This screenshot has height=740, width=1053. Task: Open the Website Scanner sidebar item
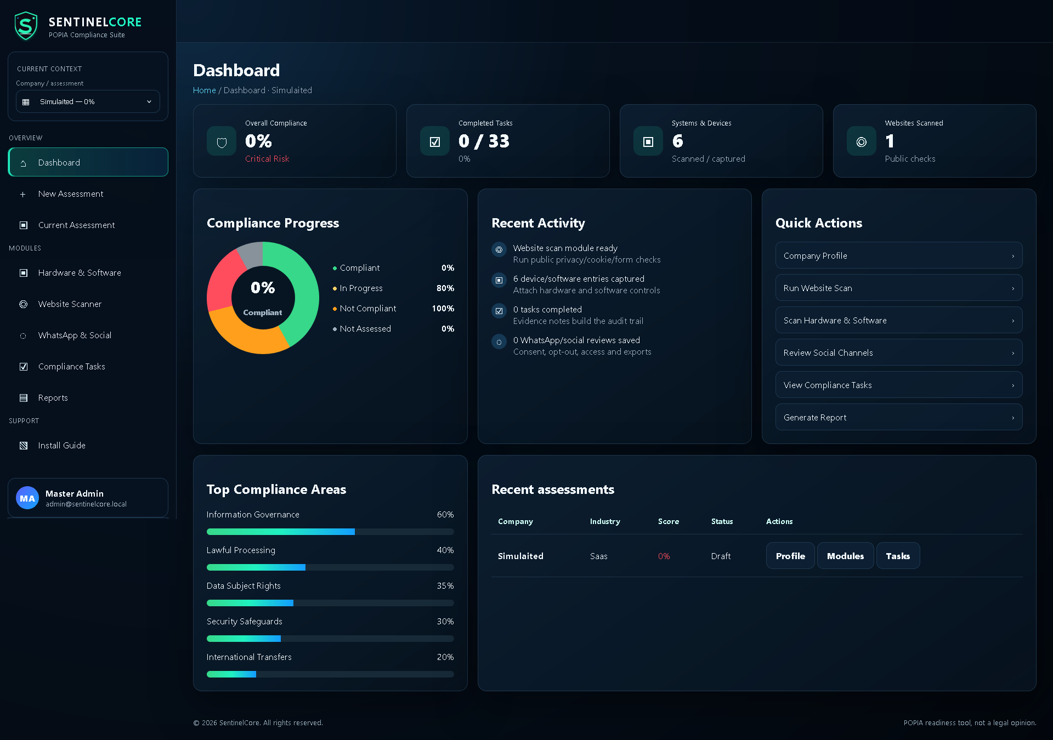(70, 304)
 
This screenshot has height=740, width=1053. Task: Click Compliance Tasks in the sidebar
(71, 367)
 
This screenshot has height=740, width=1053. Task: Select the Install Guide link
(61, 446)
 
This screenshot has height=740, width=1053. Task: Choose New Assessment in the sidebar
(71, 194)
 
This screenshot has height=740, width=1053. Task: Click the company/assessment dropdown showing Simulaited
(88, 102)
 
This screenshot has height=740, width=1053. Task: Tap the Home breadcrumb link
(205, 90)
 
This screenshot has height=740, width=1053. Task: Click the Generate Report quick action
(899, 417)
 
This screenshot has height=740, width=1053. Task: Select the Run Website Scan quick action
(899, 288)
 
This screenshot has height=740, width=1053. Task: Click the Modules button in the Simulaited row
(845, 556)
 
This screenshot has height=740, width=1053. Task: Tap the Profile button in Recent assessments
(790, 556)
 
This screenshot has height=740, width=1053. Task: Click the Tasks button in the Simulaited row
(898, 556)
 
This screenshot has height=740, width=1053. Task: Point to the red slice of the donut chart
(224, 280)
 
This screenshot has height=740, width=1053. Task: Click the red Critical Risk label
(267, 159)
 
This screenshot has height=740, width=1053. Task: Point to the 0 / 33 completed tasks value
(484, 141)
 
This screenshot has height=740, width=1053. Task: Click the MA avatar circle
(27, 498)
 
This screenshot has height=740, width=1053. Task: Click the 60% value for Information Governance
(445, 515)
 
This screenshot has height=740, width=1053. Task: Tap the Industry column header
(605, 522)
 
